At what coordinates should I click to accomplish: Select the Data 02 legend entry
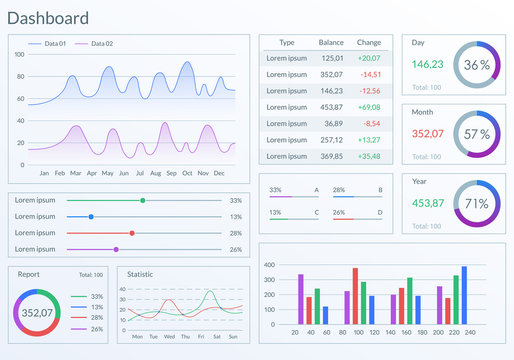[x=101, y=44]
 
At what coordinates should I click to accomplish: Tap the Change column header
[x=369, y=43]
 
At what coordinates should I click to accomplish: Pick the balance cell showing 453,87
[x=331, y=107]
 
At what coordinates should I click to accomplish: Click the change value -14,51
[x=369, y=75]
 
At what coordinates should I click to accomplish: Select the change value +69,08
[x=369, y=107]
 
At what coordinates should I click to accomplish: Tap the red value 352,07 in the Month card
[x=427, y=133]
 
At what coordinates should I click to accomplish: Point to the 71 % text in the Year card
[x=477, y=203]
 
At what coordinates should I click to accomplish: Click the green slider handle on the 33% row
[x=143, y=200]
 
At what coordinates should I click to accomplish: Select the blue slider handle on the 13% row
[x=91, y=216]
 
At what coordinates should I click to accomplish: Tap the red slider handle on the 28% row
[x=132, y=233]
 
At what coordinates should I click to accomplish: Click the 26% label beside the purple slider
[x=235, y=249]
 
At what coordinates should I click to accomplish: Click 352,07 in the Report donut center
[x=38, y=313]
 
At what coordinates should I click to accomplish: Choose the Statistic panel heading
[x=140, y=273]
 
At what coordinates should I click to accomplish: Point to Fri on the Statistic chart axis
[x=202, y=336]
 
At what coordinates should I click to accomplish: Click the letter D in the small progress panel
[x=380, y=212]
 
